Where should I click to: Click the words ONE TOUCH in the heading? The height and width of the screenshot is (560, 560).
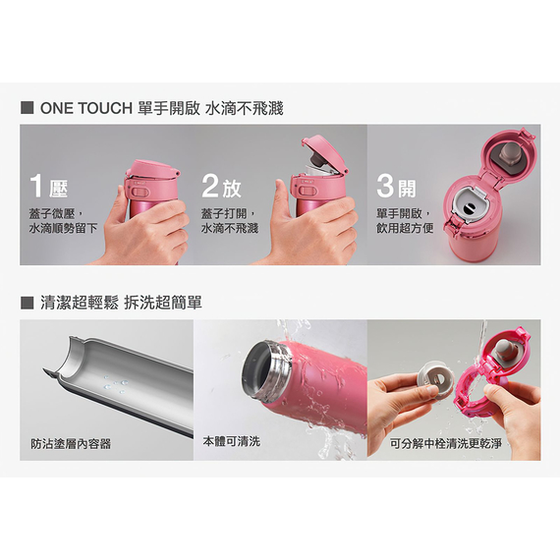86,108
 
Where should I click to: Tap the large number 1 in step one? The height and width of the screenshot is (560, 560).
36,186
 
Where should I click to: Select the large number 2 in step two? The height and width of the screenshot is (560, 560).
210,186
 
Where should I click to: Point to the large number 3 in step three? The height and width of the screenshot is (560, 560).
385,186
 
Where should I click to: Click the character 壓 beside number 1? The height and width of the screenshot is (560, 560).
58,189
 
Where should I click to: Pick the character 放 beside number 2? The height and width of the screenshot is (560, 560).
232,189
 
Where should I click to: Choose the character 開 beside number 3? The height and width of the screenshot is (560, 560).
407,189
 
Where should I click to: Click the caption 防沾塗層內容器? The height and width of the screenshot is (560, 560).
71,444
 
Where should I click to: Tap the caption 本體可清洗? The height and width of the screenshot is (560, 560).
232,441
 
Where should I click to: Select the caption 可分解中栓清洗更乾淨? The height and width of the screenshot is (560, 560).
446,443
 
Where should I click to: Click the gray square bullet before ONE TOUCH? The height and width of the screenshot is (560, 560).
28,108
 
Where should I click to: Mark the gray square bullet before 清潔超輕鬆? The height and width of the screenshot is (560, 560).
28,303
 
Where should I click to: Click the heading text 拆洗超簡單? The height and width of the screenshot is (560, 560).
163,303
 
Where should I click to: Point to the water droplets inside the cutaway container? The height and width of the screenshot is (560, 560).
115,384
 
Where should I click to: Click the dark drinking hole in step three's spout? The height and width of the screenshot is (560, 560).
468,207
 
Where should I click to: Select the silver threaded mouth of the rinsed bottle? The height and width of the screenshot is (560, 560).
267,369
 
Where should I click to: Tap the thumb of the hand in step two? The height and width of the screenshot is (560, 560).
281,195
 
